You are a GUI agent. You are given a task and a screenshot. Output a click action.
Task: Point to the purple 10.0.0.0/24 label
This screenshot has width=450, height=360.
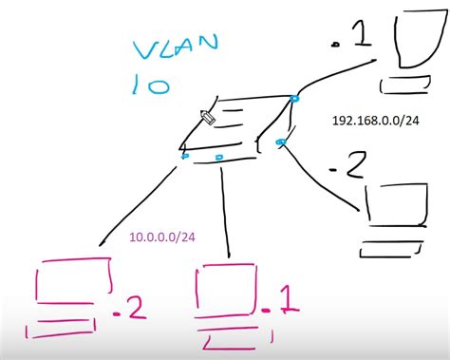[x=163, y=237]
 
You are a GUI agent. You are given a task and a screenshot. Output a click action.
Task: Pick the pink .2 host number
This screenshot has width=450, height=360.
[x=130, y=308]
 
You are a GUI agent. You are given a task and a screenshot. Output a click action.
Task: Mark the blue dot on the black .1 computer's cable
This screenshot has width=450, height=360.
[x=294, y=99]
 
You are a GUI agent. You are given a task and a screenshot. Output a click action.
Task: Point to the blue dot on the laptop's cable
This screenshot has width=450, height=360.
[x=280, y=142]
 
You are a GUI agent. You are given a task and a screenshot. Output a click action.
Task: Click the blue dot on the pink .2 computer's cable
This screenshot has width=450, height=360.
[x=185, y=156]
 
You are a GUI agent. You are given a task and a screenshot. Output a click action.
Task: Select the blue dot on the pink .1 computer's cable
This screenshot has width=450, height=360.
[x=219, y=157]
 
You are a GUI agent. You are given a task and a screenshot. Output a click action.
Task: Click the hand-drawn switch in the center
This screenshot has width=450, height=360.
[x=237, y=128]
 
